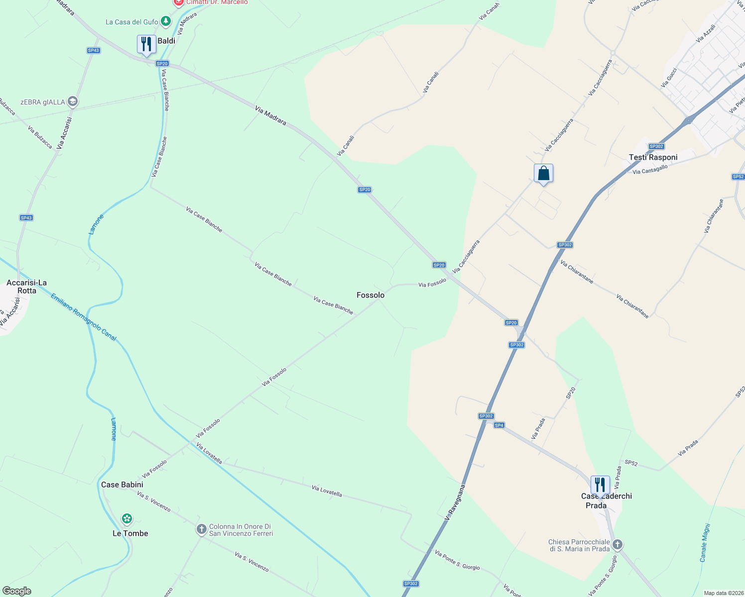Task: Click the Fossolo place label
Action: click(371, 295)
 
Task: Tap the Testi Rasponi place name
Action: click(653, 157)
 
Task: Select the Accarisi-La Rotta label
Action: click(26, 287)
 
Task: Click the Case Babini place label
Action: click(122, 485)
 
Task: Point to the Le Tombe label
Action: click(130, 533)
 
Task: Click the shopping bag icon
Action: click(543, 174)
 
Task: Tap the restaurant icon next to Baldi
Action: click(146, 44)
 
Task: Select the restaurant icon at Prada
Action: click(600, 485)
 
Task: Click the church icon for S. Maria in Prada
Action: click(618, 545)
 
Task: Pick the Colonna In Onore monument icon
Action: click(201, 529)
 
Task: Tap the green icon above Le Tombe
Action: click(127, 519)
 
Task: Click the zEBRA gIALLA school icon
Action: click(73, 102)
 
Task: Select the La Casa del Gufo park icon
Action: click(166, 21)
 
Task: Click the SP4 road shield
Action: click(499, 425)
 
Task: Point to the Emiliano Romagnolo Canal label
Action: click(83, 317)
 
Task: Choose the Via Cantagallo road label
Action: click(650, 170)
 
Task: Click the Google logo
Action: click(17, 591)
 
